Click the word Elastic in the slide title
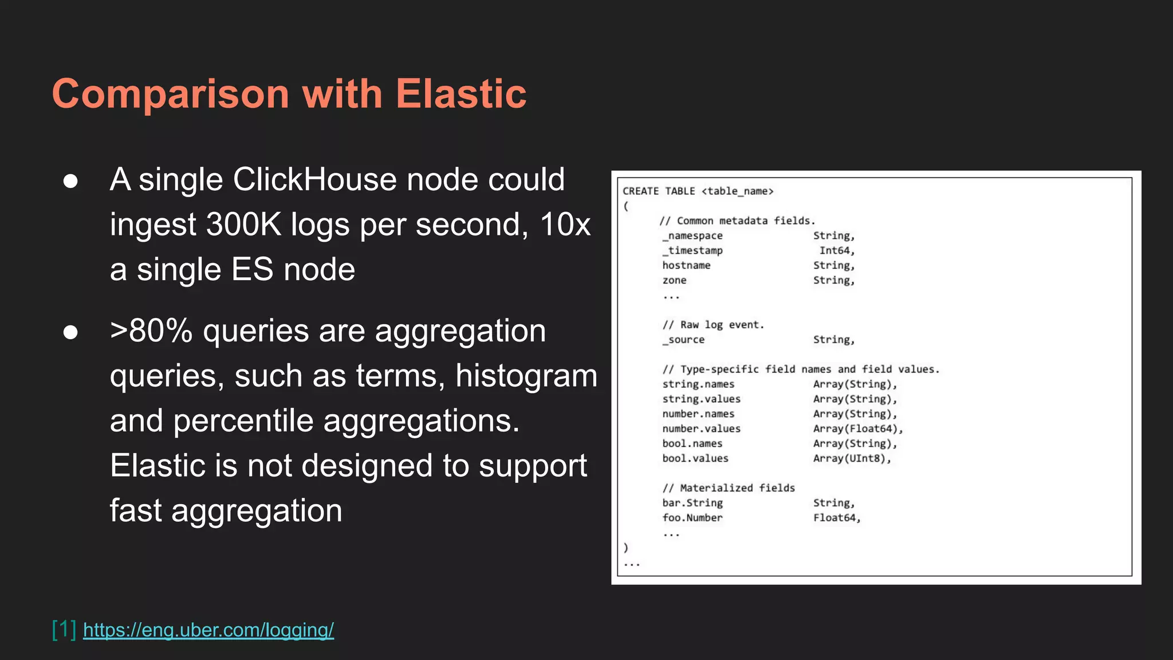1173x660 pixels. (460, 93)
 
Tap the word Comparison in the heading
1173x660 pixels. (170, 95)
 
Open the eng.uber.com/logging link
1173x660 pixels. (208, 630)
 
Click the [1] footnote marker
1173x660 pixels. (64, 629)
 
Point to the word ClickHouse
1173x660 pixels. (314, 179)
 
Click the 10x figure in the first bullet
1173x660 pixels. (565, 224)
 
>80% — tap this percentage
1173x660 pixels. (151, 331)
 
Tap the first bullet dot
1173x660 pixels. (70, 181)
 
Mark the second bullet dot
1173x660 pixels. (70, 332)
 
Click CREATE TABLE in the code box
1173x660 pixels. (659, 191)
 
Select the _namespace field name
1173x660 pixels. (692, 236)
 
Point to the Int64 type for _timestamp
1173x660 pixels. (836, 251)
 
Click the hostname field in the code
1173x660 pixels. (686, 266)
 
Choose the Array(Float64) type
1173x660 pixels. (857, 429)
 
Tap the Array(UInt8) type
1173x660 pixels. (852, 458)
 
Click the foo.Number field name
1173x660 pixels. (692, 518)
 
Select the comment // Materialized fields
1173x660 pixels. (729, 488)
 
